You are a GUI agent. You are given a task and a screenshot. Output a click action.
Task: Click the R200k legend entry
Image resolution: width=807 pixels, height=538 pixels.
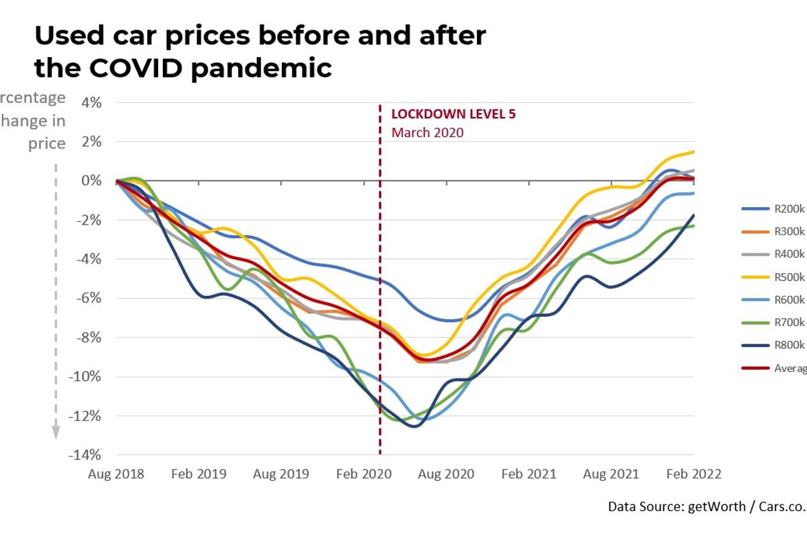pos(773,208)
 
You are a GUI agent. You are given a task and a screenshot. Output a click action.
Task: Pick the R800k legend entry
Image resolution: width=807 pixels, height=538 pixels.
pos(773,345)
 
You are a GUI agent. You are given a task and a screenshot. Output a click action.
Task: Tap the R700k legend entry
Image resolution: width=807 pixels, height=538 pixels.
pos(773,322)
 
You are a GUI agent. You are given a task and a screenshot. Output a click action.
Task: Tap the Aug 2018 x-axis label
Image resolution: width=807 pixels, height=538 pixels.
pos(116,474)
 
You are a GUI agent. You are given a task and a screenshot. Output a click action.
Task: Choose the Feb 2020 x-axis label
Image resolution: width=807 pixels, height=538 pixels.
pos(363,474)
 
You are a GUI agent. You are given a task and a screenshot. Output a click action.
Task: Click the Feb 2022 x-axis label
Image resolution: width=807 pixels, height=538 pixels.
pos(693,474)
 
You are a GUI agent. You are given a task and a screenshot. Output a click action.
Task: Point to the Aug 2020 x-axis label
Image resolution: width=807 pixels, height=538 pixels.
pos(446,474)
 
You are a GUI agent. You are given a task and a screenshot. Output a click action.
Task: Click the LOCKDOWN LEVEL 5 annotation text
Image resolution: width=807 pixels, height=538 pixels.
pos(454,114)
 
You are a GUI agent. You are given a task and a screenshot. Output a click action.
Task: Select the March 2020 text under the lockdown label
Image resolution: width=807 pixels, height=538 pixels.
pos(428,132)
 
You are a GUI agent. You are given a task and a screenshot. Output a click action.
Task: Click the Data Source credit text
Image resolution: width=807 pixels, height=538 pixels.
pos(706,506)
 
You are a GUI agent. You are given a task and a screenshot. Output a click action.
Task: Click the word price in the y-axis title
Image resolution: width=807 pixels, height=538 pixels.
pos(47,143)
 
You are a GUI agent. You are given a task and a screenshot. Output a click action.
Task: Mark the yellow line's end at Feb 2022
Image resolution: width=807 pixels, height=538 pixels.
pos(693,152)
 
